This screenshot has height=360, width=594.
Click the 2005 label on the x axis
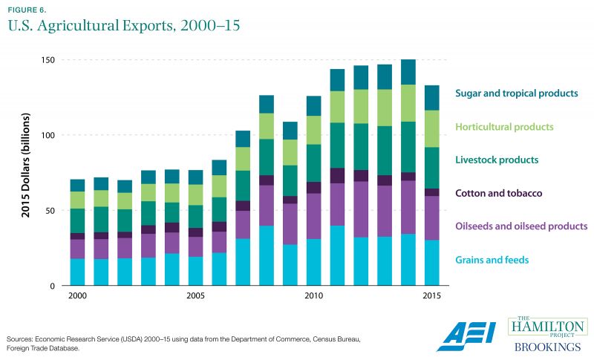[x=196, y=295]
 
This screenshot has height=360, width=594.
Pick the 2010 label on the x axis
[x=314, y=295]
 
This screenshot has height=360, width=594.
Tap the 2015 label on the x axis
[x=431, y=295]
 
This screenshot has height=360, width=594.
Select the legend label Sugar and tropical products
[x=516, y=94]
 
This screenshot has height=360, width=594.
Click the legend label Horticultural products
[x=504, y=127]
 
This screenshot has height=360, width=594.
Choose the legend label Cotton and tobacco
[x=499, y=193]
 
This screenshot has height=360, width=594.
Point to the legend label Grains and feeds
[x=493, y=259]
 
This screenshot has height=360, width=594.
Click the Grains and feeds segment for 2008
[x=267, y=255]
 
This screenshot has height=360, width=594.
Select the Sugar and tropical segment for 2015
[x=431, y=98]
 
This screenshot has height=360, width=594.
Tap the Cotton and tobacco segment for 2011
[x=337, y=175]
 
